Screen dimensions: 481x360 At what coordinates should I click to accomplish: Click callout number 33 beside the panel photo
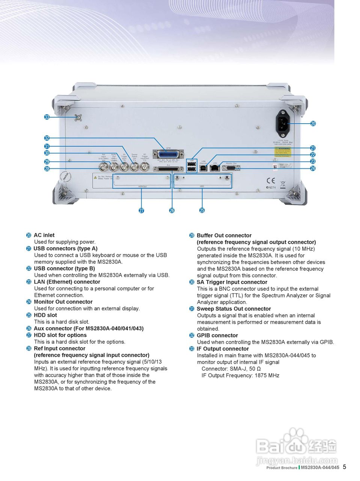(47, 117)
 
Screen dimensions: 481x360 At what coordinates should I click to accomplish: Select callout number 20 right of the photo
(313, 124)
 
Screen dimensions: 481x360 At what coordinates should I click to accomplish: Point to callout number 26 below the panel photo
(172, 210)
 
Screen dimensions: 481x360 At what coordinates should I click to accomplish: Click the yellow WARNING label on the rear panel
(283, 151)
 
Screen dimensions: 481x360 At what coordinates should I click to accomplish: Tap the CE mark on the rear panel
(270, 180)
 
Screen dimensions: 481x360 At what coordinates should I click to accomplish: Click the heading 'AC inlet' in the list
(44, 235)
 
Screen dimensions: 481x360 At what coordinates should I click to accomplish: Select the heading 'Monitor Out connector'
(63, 302)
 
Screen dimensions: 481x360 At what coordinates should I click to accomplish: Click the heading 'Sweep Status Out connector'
(233, 309)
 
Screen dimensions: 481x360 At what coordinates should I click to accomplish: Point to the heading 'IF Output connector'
(223, 349)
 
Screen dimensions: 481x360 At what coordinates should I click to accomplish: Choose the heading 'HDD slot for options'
(60, 335)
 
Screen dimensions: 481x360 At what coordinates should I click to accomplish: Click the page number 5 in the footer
(345, 467)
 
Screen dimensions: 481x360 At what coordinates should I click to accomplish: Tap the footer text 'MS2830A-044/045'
(320, 467)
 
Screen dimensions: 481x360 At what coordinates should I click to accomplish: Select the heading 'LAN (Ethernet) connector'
(67, 282)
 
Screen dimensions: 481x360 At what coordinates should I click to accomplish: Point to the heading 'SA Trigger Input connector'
(232, 282)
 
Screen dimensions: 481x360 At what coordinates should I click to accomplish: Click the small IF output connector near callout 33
(78, 118)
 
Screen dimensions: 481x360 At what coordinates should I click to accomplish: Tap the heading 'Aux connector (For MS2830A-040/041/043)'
(89, 328)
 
